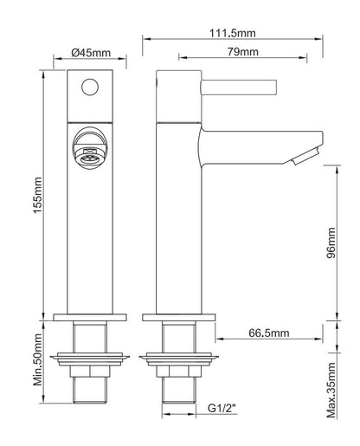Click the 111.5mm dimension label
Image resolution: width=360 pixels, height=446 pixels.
[232, 33]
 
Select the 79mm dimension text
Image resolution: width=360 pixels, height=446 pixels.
[243, 52]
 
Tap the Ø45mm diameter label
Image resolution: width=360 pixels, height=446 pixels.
[91, 53]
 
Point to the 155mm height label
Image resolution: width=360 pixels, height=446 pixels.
[38, 195]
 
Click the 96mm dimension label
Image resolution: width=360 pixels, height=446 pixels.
[331, 242]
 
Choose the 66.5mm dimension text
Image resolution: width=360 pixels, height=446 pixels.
[269, 333]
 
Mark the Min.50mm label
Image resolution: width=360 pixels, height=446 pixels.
[38, 359]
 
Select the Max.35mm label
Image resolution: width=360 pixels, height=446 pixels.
[331, 391]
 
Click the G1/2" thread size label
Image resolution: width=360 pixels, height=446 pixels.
[222, 409]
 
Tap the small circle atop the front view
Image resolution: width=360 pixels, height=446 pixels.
[90, 87]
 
